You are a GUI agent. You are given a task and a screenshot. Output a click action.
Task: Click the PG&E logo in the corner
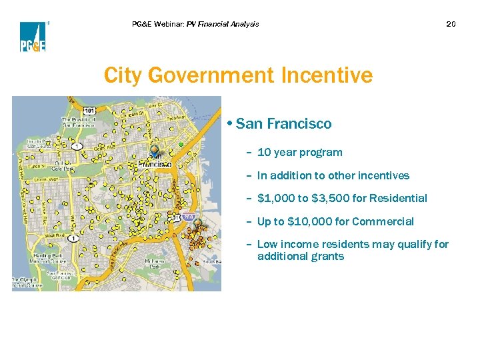pos(32,37)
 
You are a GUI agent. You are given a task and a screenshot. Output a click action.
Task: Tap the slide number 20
pos(451,24)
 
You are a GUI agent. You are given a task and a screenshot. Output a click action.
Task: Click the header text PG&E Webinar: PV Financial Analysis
pos(195,24)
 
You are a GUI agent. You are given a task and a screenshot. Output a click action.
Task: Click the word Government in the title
pos(213,75)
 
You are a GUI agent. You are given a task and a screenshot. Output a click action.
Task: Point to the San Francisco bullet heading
pos(283,124)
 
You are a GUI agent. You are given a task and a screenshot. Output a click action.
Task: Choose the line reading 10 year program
pos(299,152)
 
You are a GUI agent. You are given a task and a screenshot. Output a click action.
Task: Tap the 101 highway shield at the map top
pos(89,110)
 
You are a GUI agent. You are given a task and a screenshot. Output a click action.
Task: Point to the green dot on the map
pos(181,144)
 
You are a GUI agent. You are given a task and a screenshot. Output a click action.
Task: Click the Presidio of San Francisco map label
pos(79,121)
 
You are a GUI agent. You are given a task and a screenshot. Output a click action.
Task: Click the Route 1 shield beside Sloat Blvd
pos(72,238)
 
